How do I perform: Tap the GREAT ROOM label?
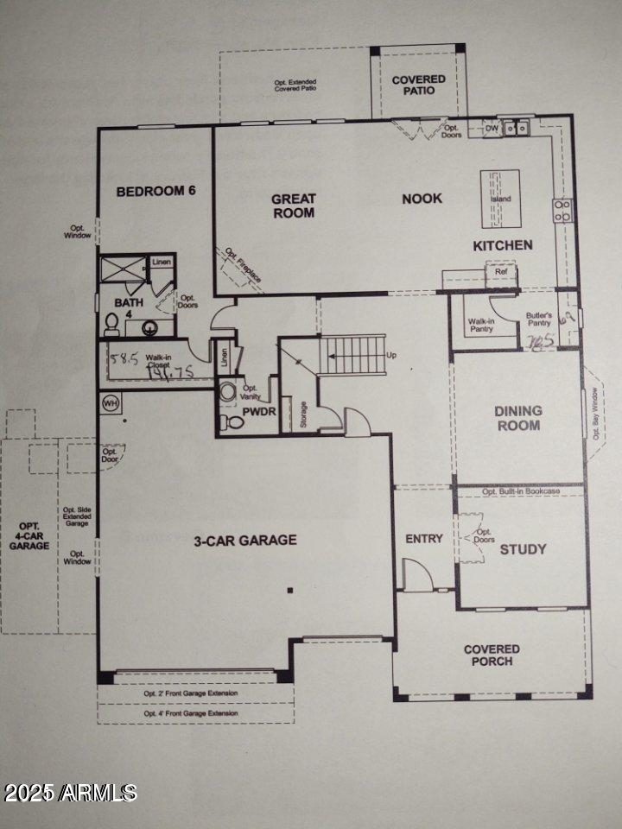pos(294,206)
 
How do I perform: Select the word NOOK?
pos(422,199)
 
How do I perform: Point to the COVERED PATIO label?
pos(419,85)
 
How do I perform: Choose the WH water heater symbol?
pos(110,402)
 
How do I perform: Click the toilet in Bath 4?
pos(111,325)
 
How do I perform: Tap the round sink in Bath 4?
pos(150,328)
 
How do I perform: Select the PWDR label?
pos(258,413)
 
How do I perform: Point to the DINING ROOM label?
pos(518,418)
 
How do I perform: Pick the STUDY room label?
pos(523,548)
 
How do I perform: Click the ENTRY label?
pos(424,539)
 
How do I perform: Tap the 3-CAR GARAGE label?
pos(244,541)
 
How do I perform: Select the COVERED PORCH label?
pos(492,655)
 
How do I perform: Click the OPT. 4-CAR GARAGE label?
pos(29,535)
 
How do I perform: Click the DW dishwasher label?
pos(492,129)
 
